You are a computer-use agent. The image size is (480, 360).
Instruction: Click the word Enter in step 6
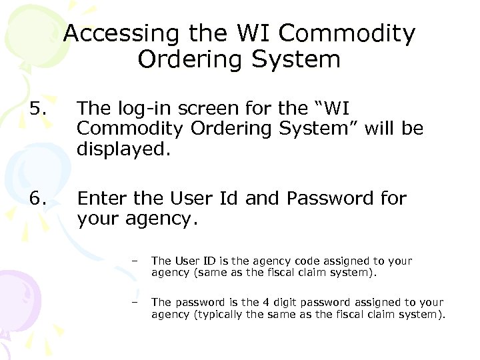(x=101, y=198)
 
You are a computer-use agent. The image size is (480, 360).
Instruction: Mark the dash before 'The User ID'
(x=135, y=261)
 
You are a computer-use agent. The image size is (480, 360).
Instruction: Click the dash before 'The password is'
(x=135, y=302)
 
